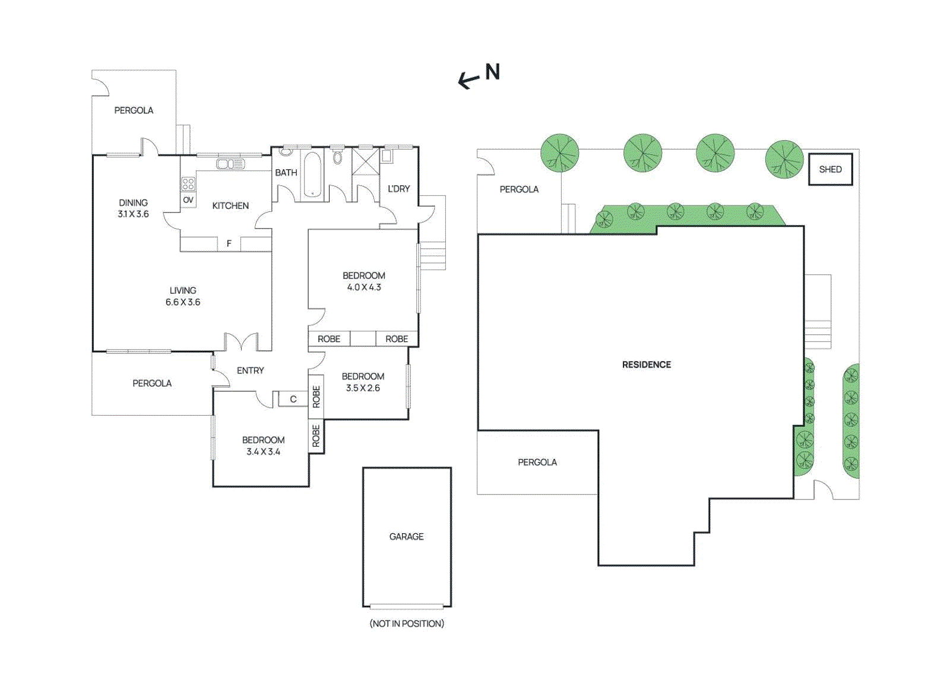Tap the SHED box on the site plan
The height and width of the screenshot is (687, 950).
point(830,169)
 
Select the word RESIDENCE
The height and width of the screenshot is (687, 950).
point(646,365)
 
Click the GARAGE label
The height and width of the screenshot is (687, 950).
point(406,536)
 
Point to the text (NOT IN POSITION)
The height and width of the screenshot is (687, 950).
point(407,623)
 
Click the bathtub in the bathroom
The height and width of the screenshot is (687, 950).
point(312,174)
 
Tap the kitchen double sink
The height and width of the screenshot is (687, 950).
point(230,164)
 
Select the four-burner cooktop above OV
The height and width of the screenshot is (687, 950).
point(188,184)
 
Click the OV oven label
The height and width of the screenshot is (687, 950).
point(188,200)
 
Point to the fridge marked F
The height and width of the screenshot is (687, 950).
point(229,243)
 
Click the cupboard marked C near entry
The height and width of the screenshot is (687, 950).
point(293,399)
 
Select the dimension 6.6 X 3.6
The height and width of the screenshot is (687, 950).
point(182,302)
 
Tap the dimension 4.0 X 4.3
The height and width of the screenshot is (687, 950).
point(364,287)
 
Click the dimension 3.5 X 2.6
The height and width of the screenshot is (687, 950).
point(363,388)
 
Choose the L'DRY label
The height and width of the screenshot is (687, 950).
point(398,189)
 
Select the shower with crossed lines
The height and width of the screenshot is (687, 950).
point(365,161)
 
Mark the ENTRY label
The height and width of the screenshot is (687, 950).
point(250,371)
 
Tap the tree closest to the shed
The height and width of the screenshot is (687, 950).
point(784,159)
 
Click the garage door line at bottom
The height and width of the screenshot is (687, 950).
point(407,606)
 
